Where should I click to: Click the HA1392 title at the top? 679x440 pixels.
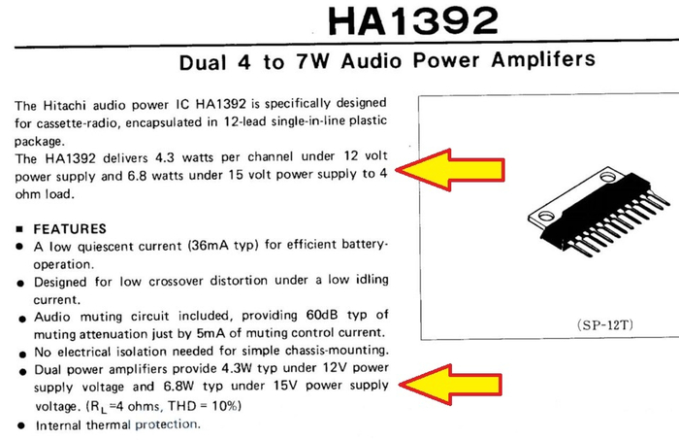pos(413,20)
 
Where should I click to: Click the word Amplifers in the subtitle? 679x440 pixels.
pos(543,59)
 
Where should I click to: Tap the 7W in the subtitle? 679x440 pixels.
pos(312,61)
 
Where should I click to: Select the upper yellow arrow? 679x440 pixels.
pos(450,170)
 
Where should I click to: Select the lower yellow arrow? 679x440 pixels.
pos(450,385)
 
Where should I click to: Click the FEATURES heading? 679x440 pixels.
pos(70,229)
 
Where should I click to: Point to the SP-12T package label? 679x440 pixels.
pos(605,324)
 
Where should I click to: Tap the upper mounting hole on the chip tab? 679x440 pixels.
pos(607,177)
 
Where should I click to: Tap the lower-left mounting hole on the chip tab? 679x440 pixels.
pos(546,215)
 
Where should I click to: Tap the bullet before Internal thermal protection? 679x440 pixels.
pos(21,425)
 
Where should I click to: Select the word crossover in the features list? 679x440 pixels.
pos(176,282)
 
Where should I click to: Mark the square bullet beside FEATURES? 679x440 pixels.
pos(19,229)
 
